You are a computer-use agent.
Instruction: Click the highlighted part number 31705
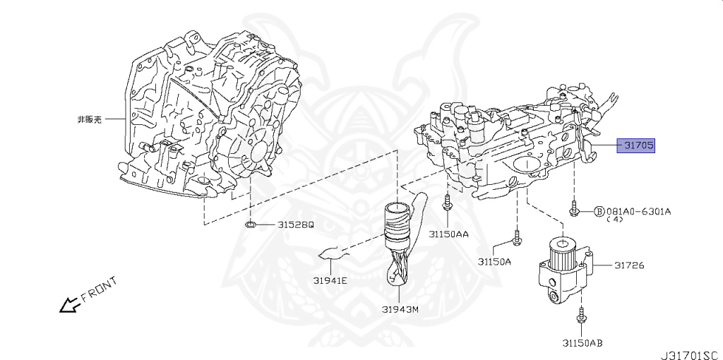pos(638,146)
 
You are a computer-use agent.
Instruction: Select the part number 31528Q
pos(295,225)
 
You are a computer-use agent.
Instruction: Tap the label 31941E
pos(331,280)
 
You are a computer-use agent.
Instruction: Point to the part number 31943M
pos(400,309)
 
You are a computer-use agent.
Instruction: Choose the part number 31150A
pos(494,261)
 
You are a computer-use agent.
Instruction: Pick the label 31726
pos(629,265)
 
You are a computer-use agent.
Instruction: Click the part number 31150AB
pos(582,344)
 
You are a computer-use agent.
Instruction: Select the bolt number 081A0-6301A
pos(638,211)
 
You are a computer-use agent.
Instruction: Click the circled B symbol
pos(599,211)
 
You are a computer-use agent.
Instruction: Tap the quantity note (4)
pos(615,220)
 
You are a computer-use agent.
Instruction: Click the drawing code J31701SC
pos(692,350)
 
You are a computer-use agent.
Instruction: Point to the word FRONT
pos(97,293)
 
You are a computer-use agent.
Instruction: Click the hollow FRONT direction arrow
pos(68,305)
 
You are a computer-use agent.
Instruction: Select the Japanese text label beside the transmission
pos(89,120)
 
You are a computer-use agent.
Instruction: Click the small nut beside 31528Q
pos(251,225)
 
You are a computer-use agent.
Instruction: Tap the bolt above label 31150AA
pos(447,205)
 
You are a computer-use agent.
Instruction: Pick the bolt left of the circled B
pos(575,210)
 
